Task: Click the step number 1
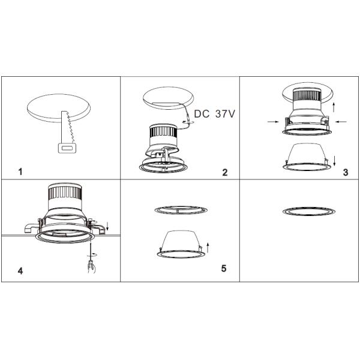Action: (x=20, y=172)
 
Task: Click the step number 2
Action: (x=225, y=172)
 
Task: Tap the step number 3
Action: (x=346, y=172)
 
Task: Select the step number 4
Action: (x=20, y=271)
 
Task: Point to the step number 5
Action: (x=224, y=268)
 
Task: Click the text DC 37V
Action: (x=215, y=114)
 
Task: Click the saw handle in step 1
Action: (x=67, y=148)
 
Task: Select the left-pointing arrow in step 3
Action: (x=341, y=122)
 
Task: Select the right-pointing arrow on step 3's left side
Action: (x=274, y=122)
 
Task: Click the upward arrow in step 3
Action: (x=334, y=107)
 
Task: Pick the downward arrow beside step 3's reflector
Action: (x=335, y=160)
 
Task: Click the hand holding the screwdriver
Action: (x=92, y=266)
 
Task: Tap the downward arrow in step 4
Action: (x=107, y=226)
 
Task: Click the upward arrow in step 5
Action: (x=208, y=247)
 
